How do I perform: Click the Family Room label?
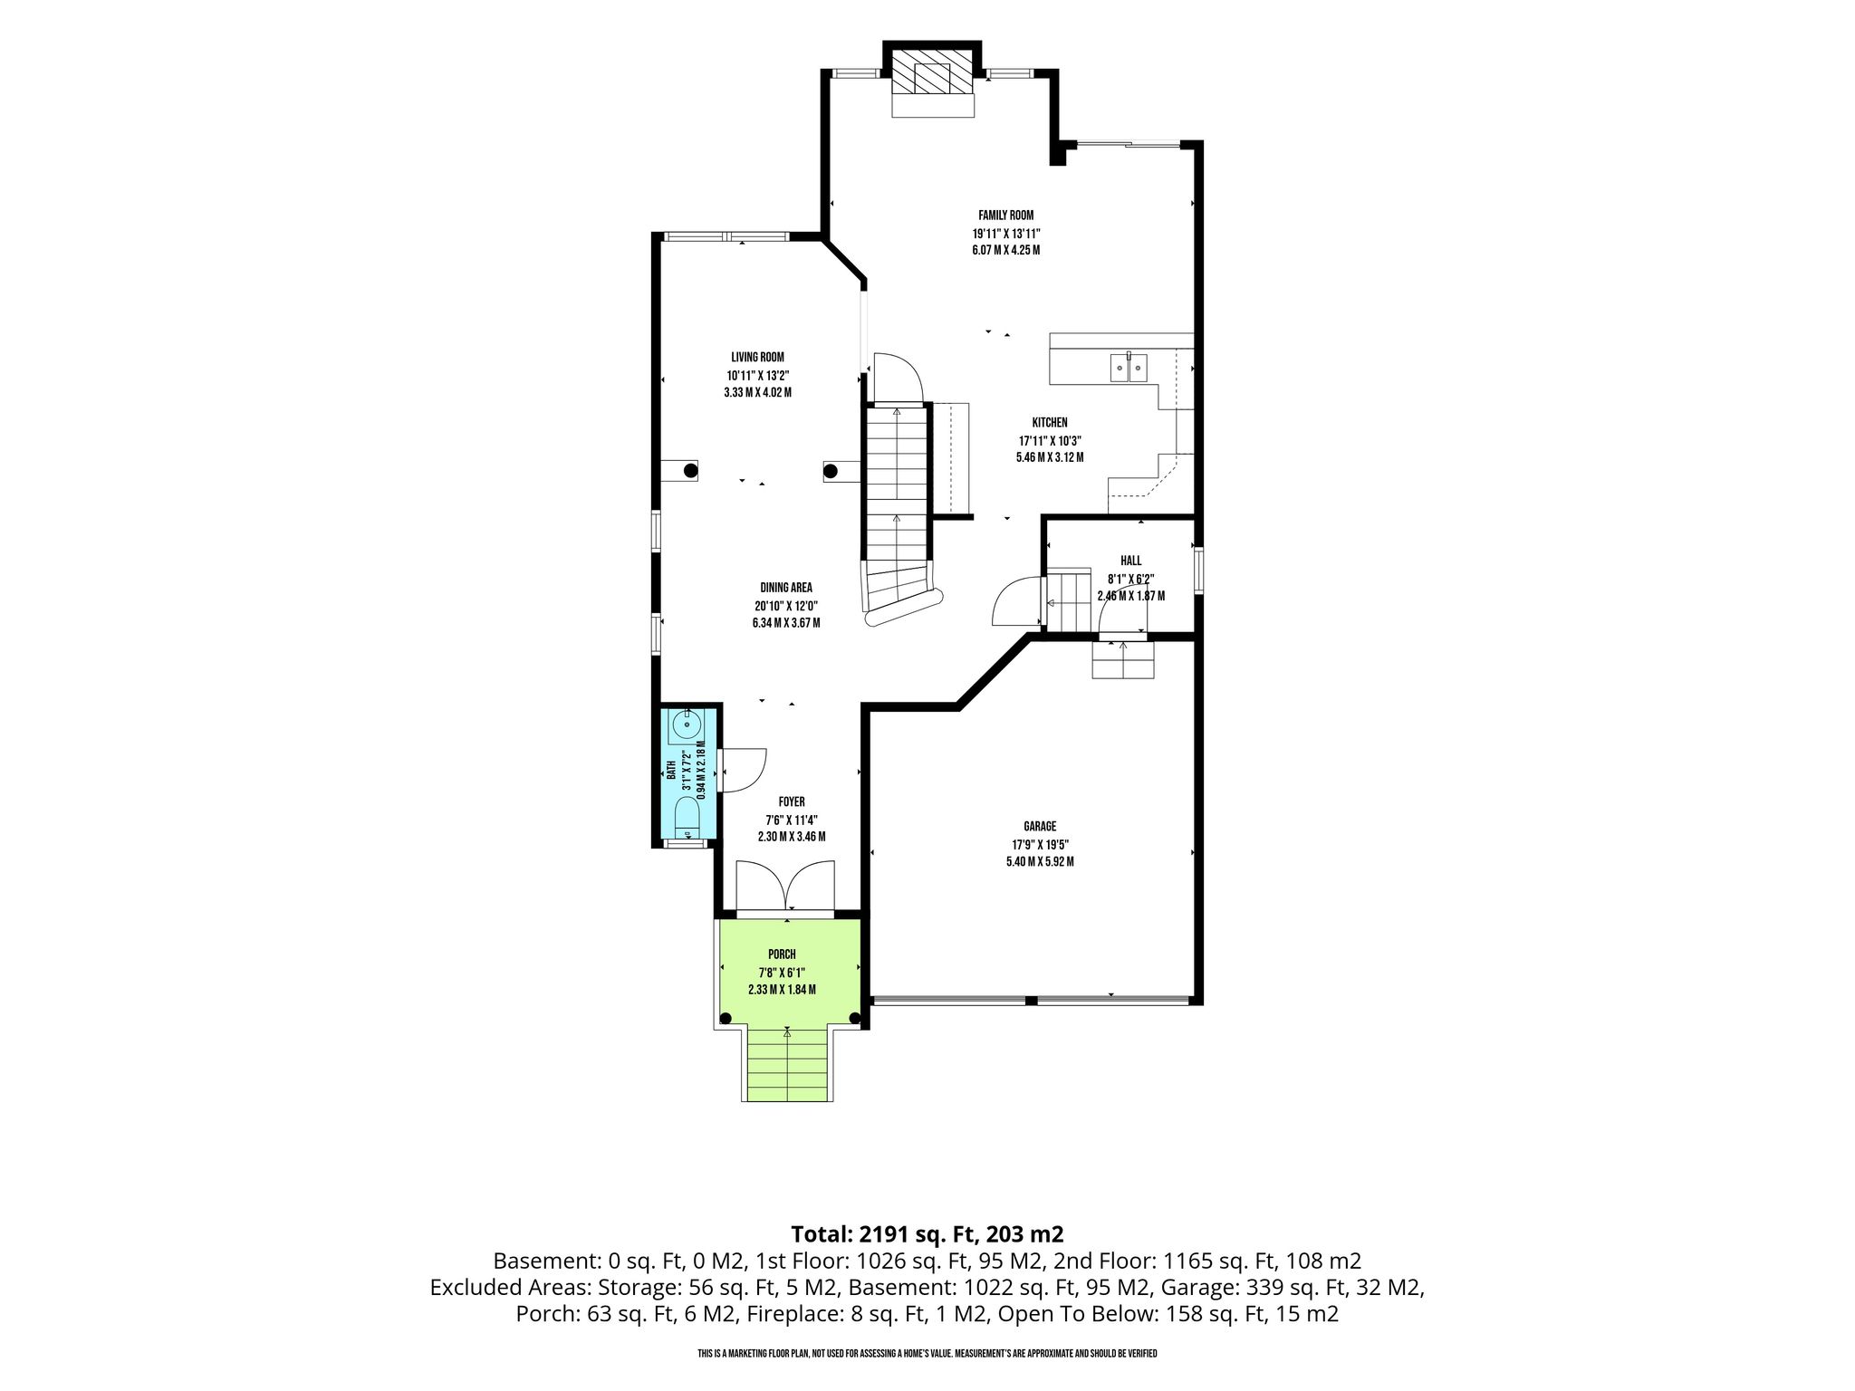[x=1005, y=216]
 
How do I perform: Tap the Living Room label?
[x=758, y=358]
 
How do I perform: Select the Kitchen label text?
[x=1050, y=423]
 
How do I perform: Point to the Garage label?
[x=1040, y=827]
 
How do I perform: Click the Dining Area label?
[x=786, y=588]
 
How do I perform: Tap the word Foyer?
[x=792, y=802]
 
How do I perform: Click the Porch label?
[x=782, y=955]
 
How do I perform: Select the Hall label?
[x=1130, y=561]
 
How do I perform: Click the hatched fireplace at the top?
[x=933, y=72]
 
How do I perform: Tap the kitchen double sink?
[x=1129, y=369]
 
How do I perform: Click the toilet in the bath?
[x=687, y=818]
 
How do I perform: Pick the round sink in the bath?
[x=687, y=724]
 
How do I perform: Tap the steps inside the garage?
[x=1124, y=659]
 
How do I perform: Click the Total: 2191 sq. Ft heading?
[x=927, y=1234]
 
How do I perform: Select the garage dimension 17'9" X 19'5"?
[x=1040, y=845]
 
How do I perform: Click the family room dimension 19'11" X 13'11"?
[x=1005, y=233]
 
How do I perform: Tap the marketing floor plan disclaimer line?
[x=927, y=1354]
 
